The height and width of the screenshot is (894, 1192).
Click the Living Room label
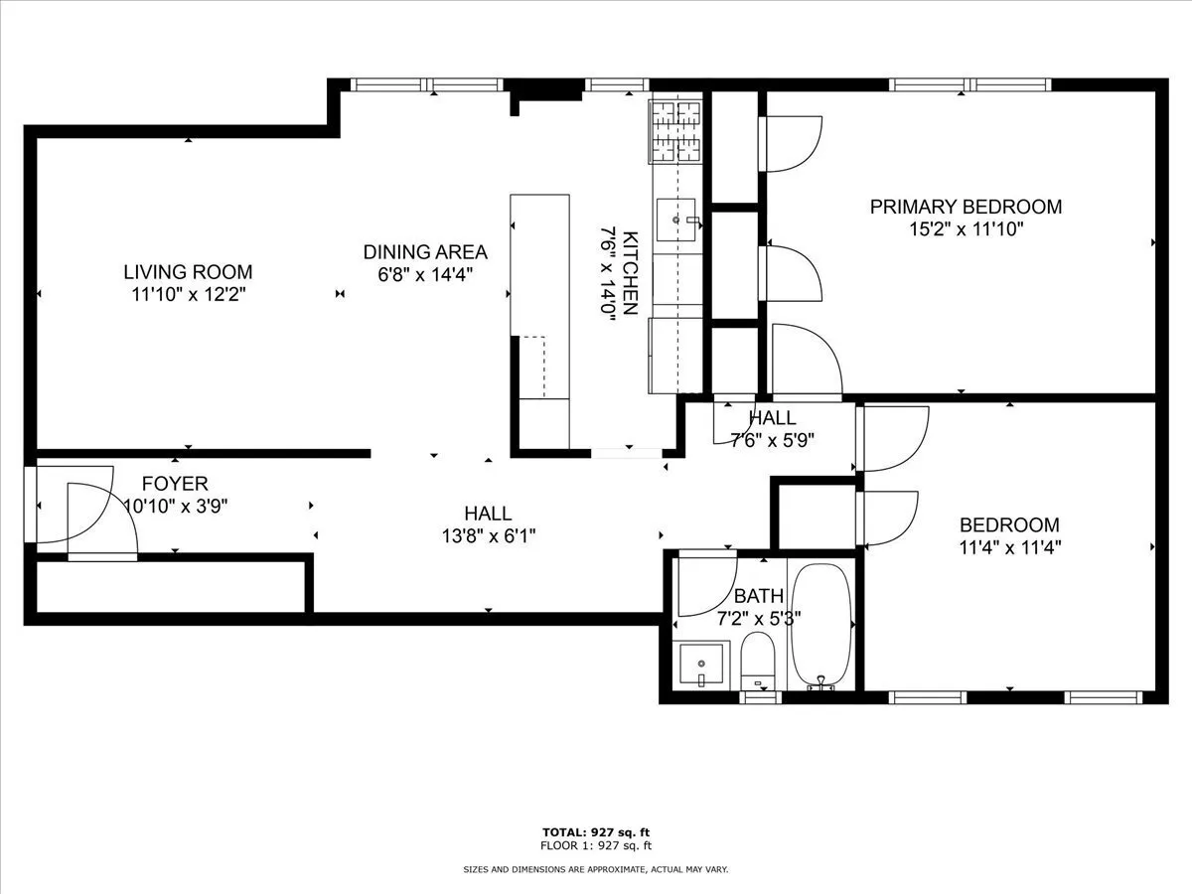pyautogui.click(x=188, y=271)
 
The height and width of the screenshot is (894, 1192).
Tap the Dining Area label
pyautogui.click(x=425, y=251)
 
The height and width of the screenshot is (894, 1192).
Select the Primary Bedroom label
pyautogui.click(x=966, y=207)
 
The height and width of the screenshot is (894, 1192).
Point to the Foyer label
pyautogui.click(x=175, y=484)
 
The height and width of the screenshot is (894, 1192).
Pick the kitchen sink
pyautogui.click(x=677, y=221)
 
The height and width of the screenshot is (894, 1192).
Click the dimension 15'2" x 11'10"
pyautogui.click(x=966, y=228)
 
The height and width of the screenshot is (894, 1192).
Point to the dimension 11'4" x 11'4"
pyautogui.click(x=1009, y=545)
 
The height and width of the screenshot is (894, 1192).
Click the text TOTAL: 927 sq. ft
pyautogui.click(x=596, y=831)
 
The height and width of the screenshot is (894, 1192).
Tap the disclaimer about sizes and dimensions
pyautogui.click(x=596, y=869)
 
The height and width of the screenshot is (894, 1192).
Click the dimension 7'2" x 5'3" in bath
pyautogui.click(x=759, y=617)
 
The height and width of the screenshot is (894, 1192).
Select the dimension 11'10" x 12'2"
pyautogui.click(x=188, y=293)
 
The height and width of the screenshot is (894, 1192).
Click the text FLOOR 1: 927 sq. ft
pyautogui.click(x=596, y=845)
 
